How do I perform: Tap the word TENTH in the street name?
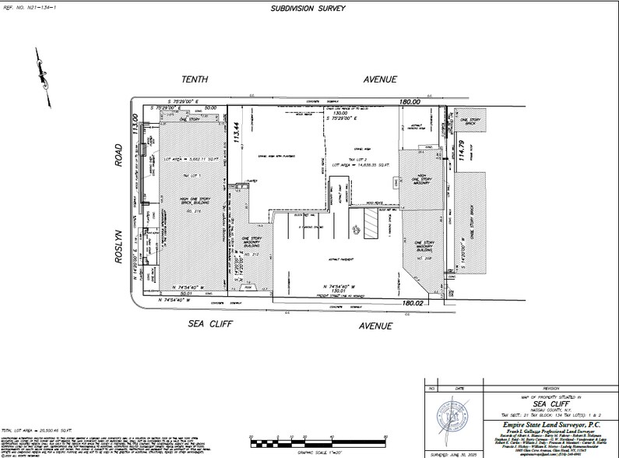click(195, 79)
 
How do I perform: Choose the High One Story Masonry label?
click(421, 181)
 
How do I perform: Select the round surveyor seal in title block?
click(450, 413)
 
